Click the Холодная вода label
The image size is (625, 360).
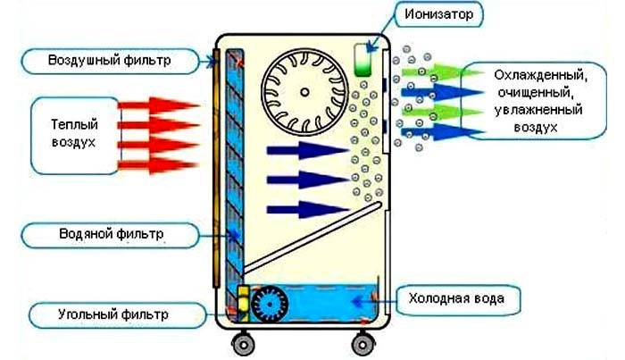tap(455, 298)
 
